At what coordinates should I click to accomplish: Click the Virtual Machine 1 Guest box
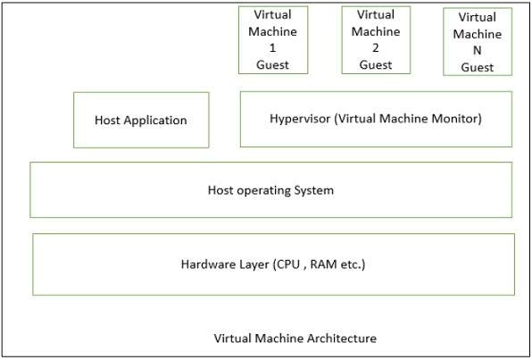pyautogui.click(x=273, y=40)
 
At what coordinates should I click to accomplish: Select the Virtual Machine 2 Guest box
pyautogui.click(x=376, y=40)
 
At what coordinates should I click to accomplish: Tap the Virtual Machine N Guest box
pyautogui.click(x=477, y=42)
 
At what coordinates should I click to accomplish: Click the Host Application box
pyautogui.click(x=141, y=120)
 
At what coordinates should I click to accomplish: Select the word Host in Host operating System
pyautogui.click(x=221, y=190)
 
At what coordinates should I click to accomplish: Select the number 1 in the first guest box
pyautogui.click(x=273, y=48)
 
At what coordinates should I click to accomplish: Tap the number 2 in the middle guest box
pyautogui.click(x=376, y=48)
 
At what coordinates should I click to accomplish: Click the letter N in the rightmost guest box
pyautogui.click(x=477, y=51)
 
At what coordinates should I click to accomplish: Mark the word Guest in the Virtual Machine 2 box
pyautogui.click(x=376, y=64)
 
